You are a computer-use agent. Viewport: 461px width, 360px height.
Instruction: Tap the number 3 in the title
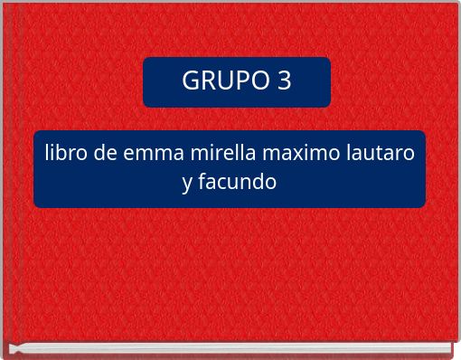point(284,81)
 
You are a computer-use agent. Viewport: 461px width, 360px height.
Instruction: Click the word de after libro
point(102,153)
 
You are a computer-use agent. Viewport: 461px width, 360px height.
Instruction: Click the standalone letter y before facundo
point(187,183)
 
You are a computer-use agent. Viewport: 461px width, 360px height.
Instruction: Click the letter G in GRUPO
point(191,81)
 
